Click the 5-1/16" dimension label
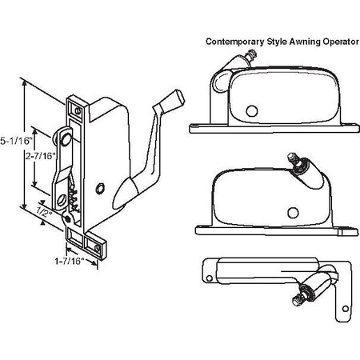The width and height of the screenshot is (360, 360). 11,139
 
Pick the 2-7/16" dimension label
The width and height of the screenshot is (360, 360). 40,157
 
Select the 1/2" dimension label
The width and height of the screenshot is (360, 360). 45,214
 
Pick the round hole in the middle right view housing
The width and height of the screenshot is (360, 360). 291,212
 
